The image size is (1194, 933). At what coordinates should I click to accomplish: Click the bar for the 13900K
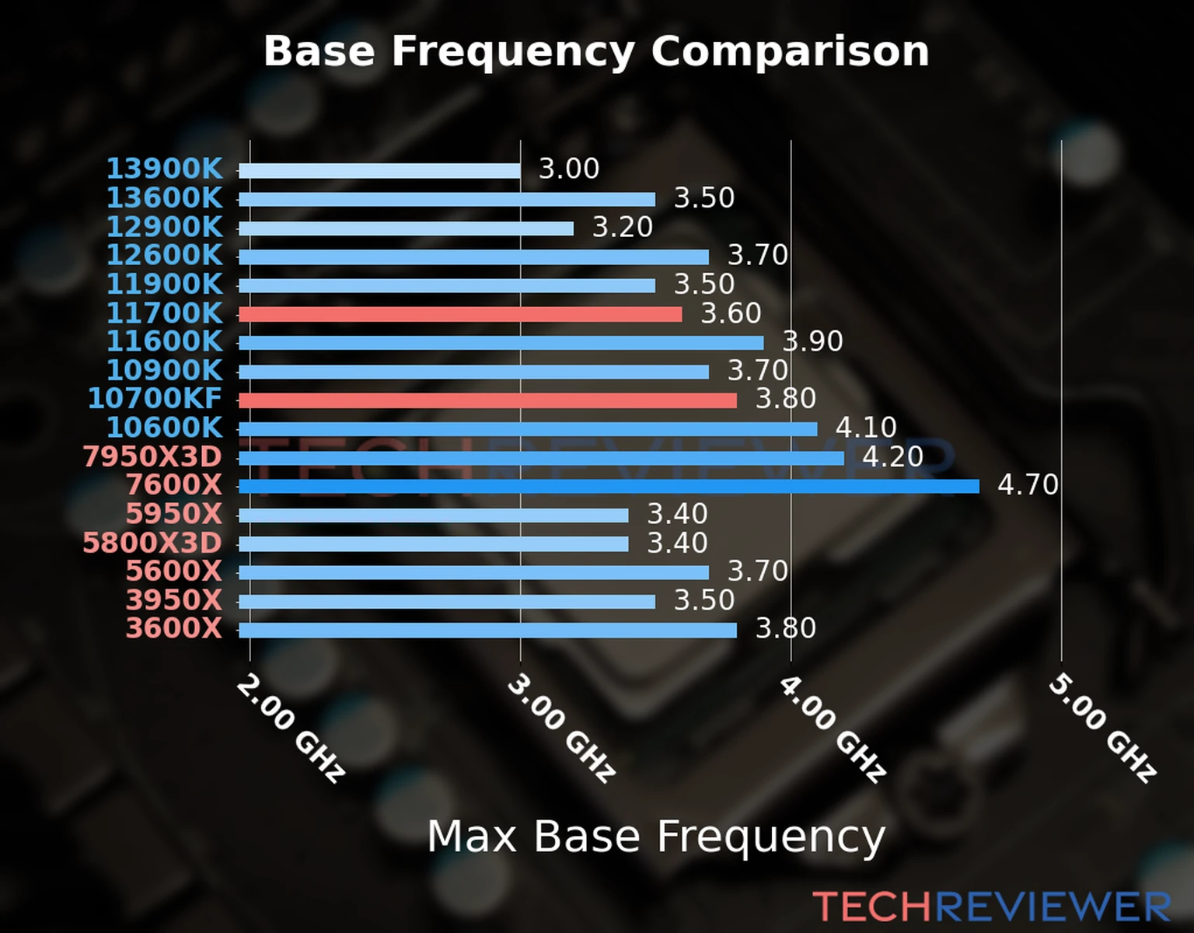379,171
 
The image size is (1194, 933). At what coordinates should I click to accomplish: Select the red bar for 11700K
460,314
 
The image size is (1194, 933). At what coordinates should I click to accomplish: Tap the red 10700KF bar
487,400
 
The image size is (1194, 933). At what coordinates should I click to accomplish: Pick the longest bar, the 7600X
609,487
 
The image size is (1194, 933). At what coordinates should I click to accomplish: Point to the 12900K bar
406,229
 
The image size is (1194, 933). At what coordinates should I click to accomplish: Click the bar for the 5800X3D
433,544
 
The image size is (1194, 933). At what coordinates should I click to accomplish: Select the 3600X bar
487,630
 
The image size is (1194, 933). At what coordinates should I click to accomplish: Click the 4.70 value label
1028,485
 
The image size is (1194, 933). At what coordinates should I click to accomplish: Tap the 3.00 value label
569,169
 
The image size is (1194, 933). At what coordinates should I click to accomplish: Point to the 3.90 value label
813,341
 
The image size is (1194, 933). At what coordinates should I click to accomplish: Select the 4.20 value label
892,456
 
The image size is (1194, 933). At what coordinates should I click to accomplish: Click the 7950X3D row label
152,456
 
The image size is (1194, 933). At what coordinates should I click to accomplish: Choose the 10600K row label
164,428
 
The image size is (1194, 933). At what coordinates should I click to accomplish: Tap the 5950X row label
173,514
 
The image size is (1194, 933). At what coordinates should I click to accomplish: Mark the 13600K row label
164,197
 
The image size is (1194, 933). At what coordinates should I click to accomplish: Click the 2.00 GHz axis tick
290,729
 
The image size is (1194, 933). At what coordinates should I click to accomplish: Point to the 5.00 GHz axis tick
1102,729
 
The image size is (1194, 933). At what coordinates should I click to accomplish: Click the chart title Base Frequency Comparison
596,51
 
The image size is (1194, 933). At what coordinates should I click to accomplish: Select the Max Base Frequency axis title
656,837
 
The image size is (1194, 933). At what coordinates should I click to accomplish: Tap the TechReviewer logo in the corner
991,907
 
